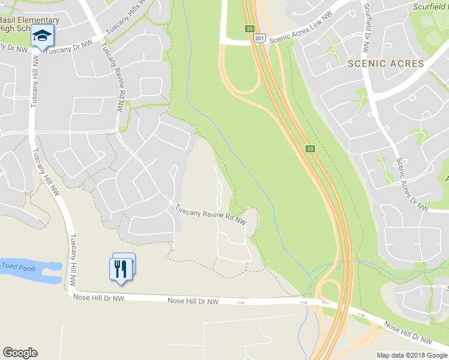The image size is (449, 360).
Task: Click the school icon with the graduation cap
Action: click(x=42, y=36)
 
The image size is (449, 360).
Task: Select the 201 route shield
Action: click(x=258, y=38)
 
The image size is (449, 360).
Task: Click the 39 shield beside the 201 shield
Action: click(x=249, y=28)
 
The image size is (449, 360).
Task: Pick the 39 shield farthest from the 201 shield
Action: click(x=310, y=149)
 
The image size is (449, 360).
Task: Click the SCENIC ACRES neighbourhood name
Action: click(x=385, y=64)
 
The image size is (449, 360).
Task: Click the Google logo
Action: click(x=20, y=353)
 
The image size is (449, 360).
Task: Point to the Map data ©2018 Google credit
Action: click(x=411, y=355)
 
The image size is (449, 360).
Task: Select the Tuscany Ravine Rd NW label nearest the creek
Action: click(x=211, y=215)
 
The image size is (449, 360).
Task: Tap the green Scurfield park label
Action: click(x=431, y=7)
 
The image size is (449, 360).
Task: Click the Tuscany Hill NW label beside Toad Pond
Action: click(x=73, y=260)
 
